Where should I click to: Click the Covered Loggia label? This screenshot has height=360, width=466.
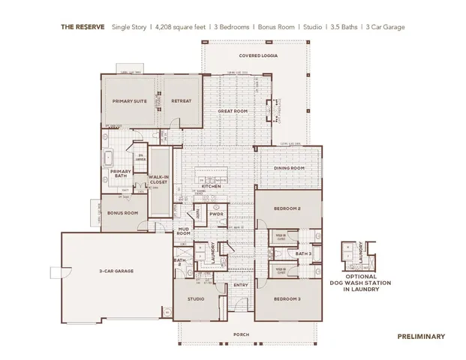[254, 55]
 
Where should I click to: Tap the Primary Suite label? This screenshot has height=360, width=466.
[128, 100]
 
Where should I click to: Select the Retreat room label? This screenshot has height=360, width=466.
[181, 100]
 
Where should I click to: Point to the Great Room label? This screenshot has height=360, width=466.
[232, 111]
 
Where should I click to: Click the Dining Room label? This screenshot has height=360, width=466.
[289, 168]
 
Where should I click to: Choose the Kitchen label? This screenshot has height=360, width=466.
[223, 186]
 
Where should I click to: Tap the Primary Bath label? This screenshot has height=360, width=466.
[121, 174]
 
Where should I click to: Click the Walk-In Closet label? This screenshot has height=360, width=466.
[158, 179]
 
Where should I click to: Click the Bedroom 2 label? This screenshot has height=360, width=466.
[287, 208]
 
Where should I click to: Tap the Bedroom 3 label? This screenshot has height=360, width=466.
[287, 299]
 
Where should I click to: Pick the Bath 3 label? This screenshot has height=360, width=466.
[303, 255]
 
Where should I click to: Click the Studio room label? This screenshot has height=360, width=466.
[194, 299]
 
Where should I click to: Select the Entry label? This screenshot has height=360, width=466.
[240, 285]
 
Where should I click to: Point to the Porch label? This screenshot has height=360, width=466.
[241, 334]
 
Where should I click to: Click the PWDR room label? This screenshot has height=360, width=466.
[217, 214]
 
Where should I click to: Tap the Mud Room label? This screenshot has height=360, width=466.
[184, 231]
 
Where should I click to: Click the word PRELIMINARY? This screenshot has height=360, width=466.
[421, 337]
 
